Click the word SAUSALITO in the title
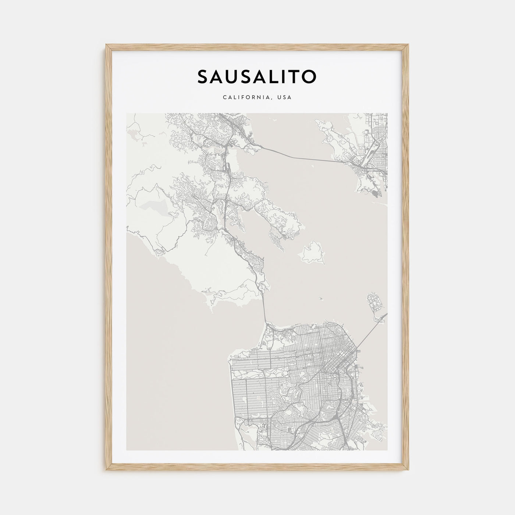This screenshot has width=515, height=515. [x=257, y=77]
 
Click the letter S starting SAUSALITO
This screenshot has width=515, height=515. [x=203, y=77]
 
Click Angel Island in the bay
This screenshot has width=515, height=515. [x=313, y=253]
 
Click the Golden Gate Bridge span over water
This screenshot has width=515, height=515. [x=264, y=305]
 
